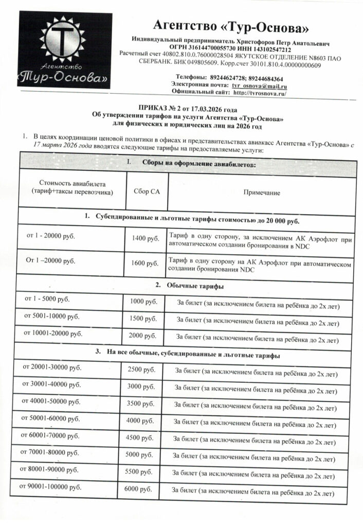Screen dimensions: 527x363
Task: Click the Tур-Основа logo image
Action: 65,50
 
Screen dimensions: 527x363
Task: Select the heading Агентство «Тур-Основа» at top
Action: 231,25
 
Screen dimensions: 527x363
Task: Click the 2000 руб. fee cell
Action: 143,336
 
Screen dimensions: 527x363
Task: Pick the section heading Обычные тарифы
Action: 192,285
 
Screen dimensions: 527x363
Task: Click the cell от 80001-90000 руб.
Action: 49,470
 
